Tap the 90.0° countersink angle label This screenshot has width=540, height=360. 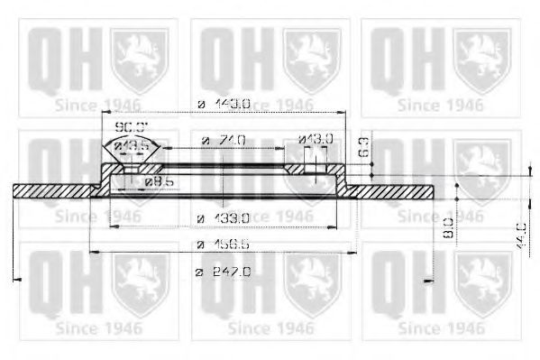coord(132,127)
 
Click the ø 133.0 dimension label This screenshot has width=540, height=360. coord(224,217)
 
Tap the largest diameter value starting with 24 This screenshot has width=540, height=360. coord(224,272)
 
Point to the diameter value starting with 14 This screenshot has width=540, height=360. coord(224,105)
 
